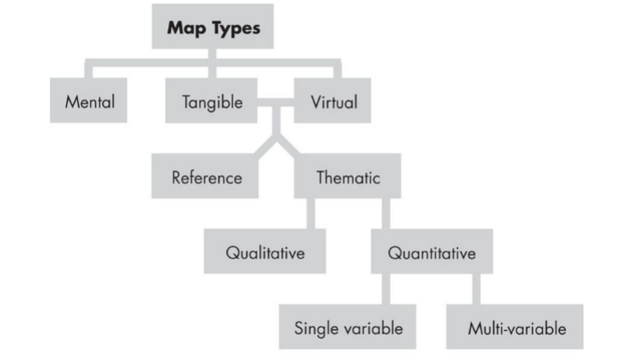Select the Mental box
(x=89, y=102)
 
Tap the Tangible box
(x=212, y=102)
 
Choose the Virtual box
(x=333, y=102)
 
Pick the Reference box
(x=206, y=177)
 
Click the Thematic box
(x=348, y=177)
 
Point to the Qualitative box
(x=265, y=251)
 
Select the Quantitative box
(x=431, y=251)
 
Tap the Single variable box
(x=348, y=327)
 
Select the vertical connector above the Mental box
(x=89, y=70)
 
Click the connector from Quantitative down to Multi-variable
(x=476, y=288)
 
